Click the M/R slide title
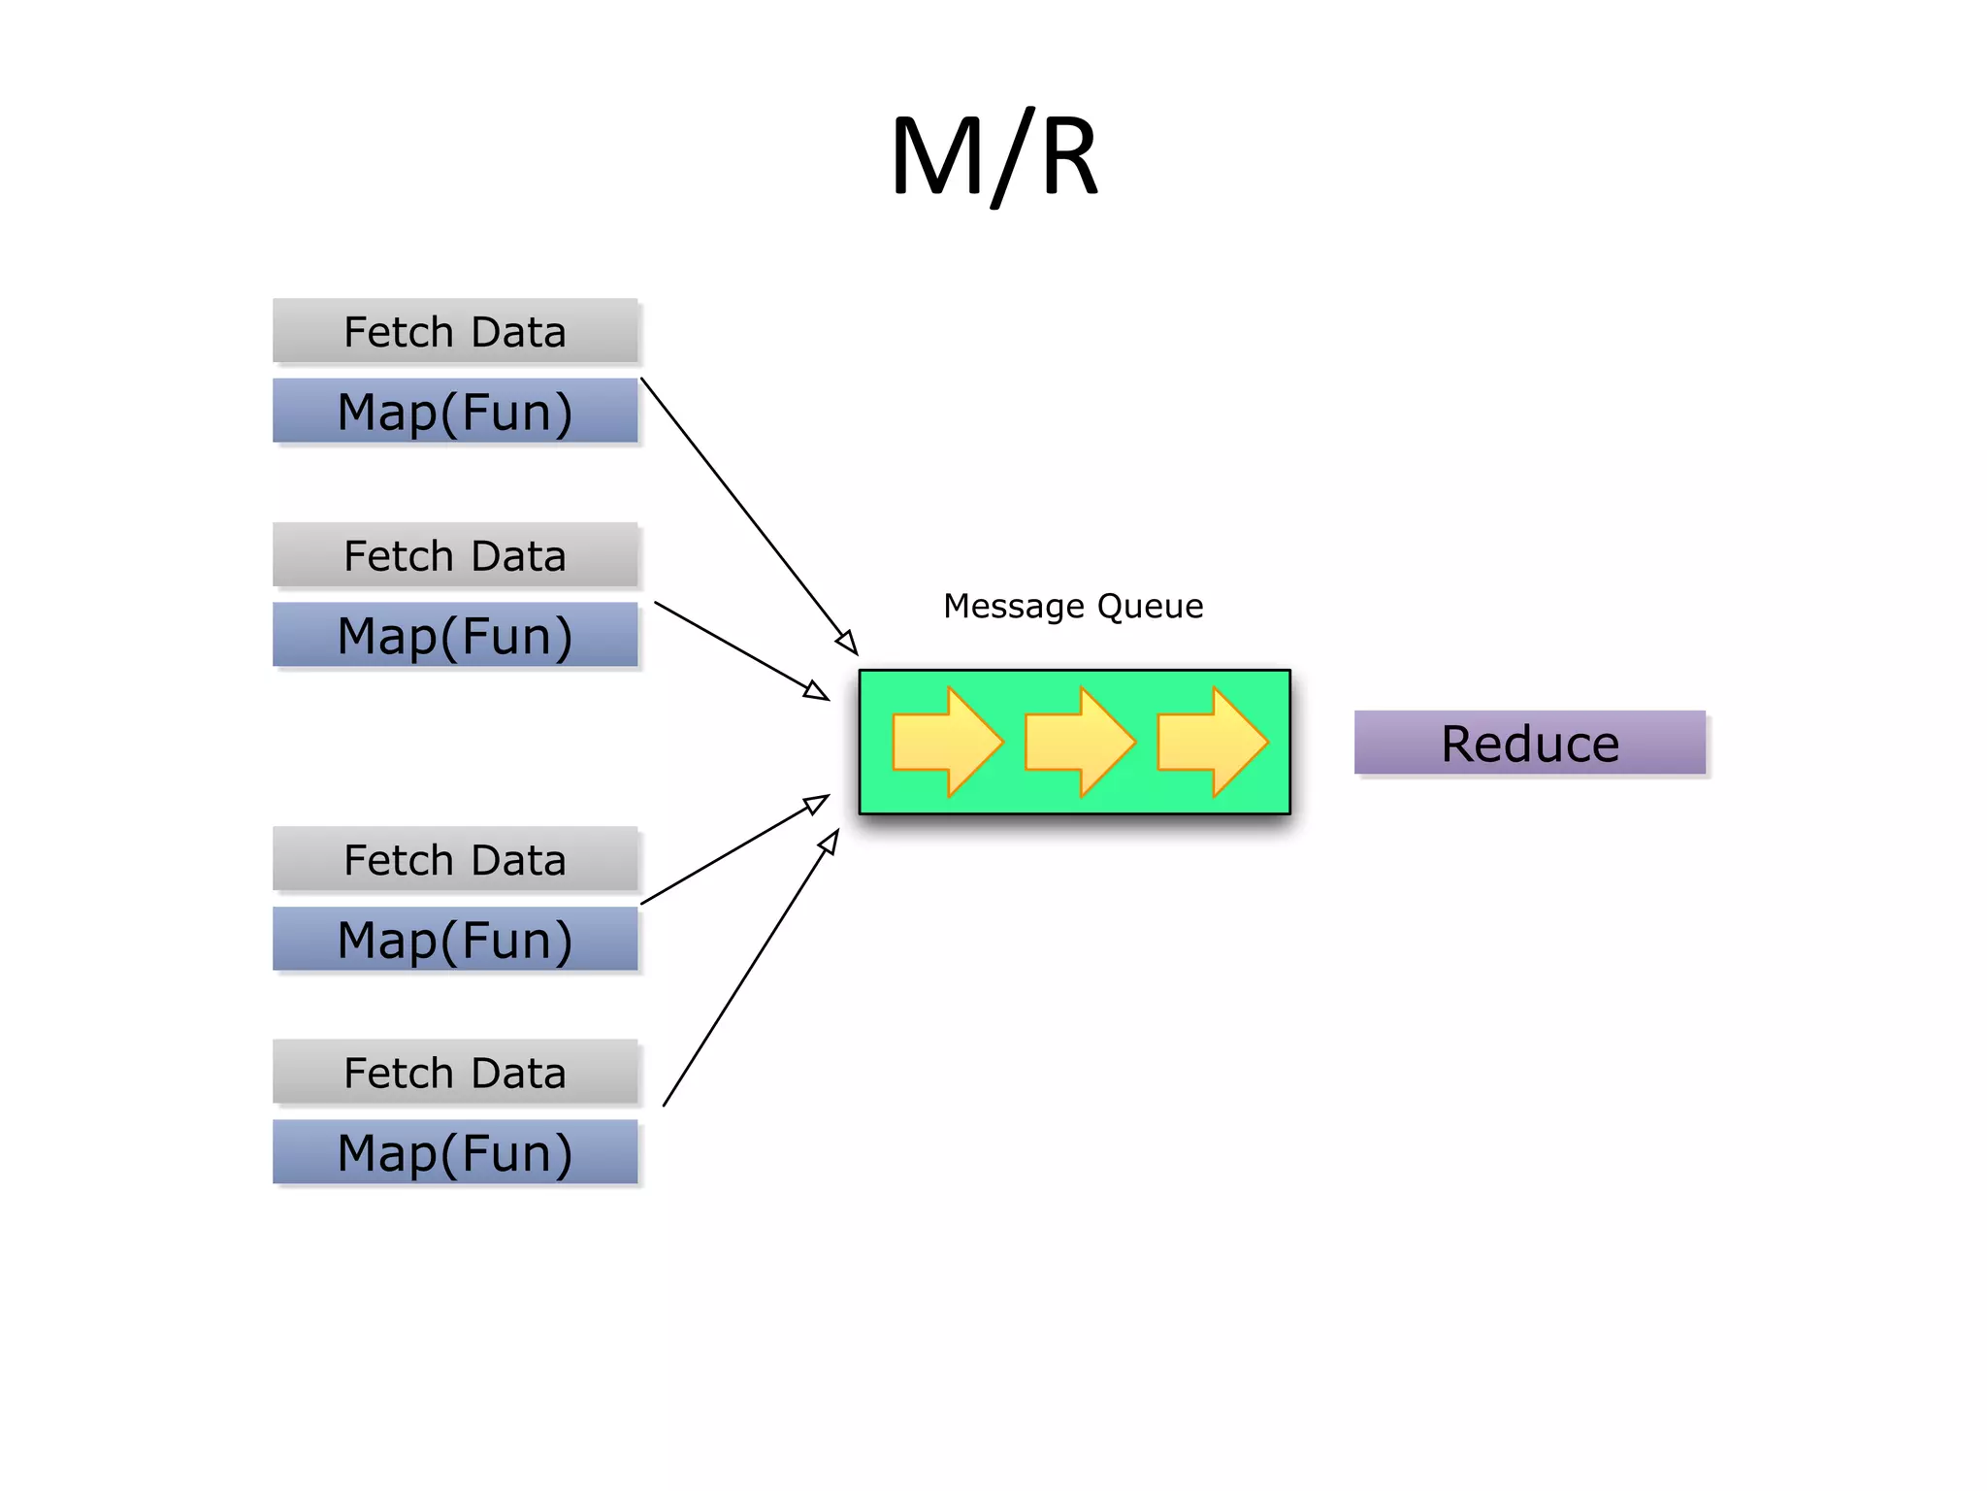pyautogui.click(x=994, y=155)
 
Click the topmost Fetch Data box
pyautogui.click(x=455, y=331)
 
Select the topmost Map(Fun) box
pyautogui.click(x=455, y=411)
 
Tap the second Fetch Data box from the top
pyautogui.click(x=455, y=555)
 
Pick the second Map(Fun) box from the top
pyautogui.click(x=455, y=635)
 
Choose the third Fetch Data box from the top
pyautogui.click(x=455, y=859)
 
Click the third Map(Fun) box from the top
pyautogui.click(x=455, y=939)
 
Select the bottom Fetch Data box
pyautogui.click(x=455, y=1072)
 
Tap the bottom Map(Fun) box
pyautogui.click(x=455, y=1152)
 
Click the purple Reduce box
pyautogui.click(x=1529, y=743)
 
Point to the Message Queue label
pyautogui.click(x=1073, y=606)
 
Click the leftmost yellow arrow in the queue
pyautogui.click(x=946, y=743)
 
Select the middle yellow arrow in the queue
pyautogui.click(x=1079, y=743)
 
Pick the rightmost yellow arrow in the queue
pyautogui.click(x=1212, y=743)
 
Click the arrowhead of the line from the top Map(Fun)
pyautogui.click(x=848, y=643)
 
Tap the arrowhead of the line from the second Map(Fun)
pyautogui.click(x=818, y=691)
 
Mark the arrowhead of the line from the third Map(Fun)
pyautogui.click(x=818, y=803)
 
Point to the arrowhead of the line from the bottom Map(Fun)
pyautogui.click(x=830, y=841)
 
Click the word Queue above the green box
pyautogui.click(x=1151, y=606)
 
